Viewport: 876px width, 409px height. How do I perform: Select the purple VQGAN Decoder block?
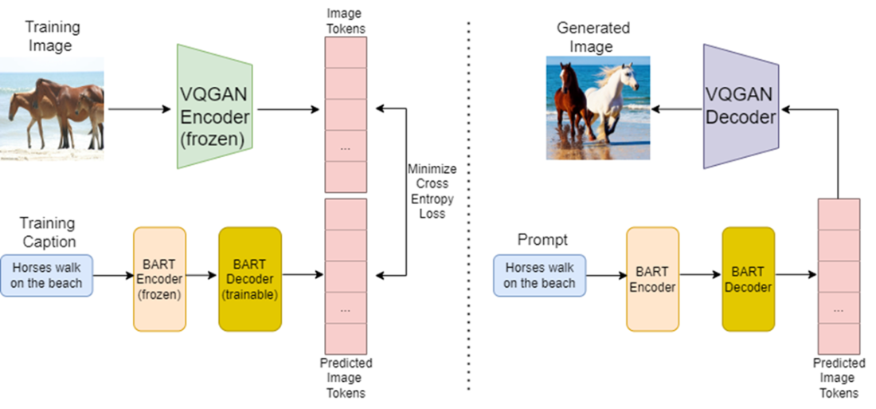click(740, 106)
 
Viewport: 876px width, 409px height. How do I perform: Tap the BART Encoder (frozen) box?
click(159, 279)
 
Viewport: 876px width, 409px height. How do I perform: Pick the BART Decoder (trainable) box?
click(250, 279)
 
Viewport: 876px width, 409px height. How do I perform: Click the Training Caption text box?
click(47, 275)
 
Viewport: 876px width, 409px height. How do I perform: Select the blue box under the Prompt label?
click(539, 275)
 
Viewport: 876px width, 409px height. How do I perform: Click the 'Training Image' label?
click(53, 36)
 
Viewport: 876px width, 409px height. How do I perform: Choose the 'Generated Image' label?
click(593, 37)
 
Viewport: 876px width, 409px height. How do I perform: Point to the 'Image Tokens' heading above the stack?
click(346, 22)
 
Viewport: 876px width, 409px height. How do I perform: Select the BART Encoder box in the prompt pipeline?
click(652, 279)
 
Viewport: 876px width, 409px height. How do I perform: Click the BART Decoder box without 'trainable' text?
click(748, 279)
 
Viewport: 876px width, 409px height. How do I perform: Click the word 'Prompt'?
click(539, 239)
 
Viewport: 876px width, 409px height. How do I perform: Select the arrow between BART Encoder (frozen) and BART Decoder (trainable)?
click(202, 276)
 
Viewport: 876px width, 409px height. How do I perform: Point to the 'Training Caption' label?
click(47, 232)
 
